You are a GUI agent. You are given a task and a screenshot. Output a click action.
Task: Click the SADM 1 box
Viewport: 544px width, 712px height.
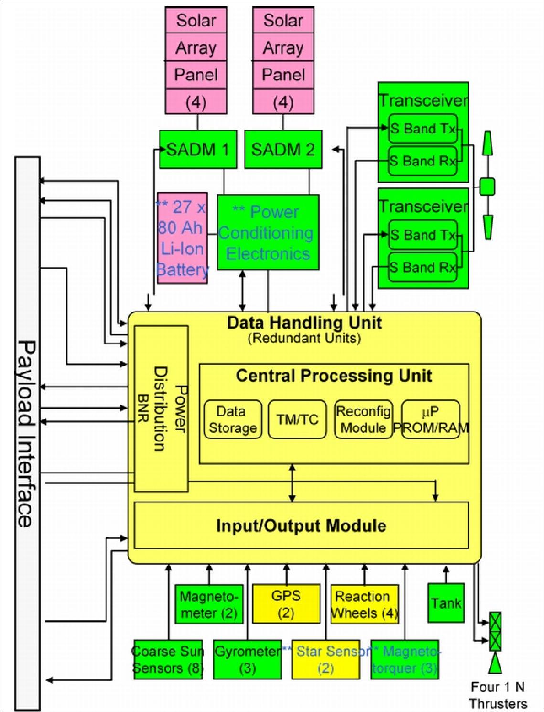click(198, 150)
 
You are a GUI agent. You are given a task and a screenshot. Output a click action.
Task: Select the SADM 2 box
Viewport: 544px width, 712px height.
click(283, 150)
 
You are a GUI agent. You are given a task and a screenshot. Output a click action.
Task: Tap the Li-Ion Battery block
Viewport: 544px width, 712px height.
click(182, 238)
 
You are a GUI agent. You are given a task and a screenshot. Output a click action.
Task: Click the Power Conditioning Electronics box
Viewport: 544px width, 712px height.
click(267, 233)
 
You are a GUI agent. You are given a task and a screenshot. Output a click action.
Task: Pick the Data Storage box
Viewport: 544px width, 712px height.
click(233, 419)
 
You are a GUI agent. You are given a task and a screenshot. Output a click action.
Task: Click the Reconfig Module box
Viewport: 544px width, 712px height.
click(363, 419)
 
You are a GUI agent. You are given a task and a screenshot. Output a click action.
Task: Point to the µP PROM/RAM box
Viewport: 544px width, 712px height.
click(431, 419)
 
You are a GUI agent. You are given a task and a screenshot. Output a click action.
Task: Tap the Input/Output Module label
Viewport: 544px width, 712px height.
click(301, 526)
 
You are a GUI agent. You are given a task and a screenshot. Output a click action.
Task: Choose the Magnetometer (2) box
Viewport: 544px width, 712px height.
click(209, 604)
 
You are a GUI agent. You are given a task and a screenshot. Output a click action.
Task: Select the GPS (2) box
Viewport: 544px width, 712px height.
click(286, 604)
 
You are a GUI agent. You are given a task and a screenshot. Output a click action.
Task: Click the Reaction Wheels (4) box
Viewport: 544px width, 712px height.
click(364, 604)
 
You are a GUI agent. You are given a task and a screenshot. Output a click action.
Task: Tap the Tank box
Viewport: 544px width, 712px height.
click(446, 603)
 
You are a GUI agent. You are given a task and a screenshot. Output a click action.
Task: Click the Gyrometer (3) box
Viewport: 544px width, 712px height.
click(247, 659)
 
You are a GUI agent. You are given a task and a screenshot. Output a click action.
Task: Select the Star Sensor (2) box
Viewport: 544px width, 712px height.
click(325, 659)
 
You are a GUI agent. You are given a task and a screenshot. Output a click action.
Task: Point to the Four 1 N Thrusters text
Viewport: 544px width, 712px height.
click(498, 695)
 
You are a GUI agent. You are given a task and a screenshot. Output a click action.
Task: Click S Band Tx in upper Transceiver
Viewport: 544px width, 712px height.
click(423, 129)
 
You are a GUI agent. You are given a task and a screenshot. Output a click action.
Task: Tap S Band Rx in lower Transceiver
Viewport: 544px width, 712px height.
click(423, 267)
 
